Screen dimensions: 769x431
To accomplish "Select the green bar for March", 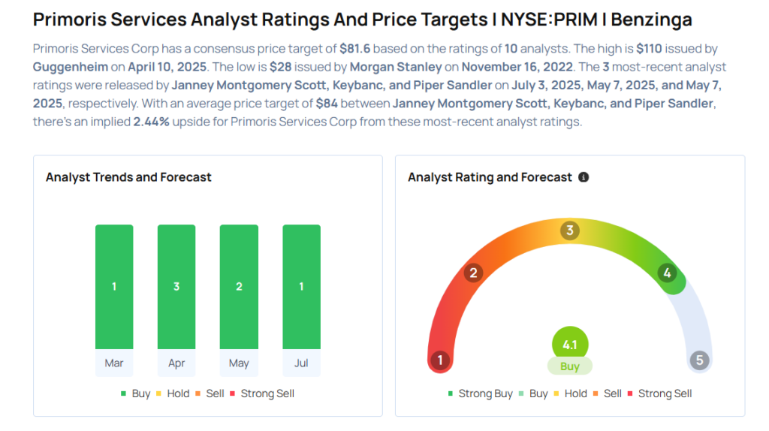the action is [x=114, y=287].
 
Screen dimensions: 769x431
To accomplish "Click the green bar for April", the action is [x=176, y=287].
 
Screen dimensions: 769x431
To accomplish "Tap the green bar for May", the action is [x=239, y=287].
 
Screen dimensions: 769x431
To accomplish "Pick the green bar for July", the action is [x=302, y=287].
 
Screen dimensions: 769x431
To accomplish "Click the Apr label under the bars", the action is [x=176, y=363].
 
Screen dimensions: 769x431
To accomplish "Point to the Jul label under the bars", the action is [x=301, y=363].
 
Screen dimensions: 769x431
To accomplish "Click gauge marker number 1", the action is [x=440, y=360].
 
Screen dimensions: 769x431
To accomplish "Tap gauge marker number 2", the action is [x=473, y=273].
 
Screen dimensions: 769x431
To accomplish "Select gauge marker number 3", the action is [x=570, y=230].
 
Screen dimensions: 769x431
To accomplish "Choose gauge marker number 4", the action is [x=667, y=273].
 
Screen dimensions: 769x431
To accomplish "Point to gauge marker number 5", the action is [x=699, y=360].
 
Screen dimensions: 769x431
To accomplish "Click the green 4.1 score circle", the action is [x=570, y=344].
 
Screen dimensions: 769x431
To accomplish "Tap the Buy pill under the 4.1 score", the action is [x=570, y=366].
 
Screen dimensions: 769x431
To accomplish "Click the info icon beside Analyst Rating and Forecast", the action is [x=584, y=177].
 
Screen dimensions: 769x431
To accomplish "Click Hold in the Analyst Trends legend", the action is [x=173, y=393].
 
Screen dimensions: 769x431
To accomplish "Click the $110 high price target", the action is [x=650, y=49].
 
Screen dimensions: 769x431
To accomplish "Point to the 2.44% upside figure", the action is [x=151, y=122].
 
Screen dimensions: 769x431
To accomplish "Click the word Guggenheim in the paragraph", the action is [x=70, y=67].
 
